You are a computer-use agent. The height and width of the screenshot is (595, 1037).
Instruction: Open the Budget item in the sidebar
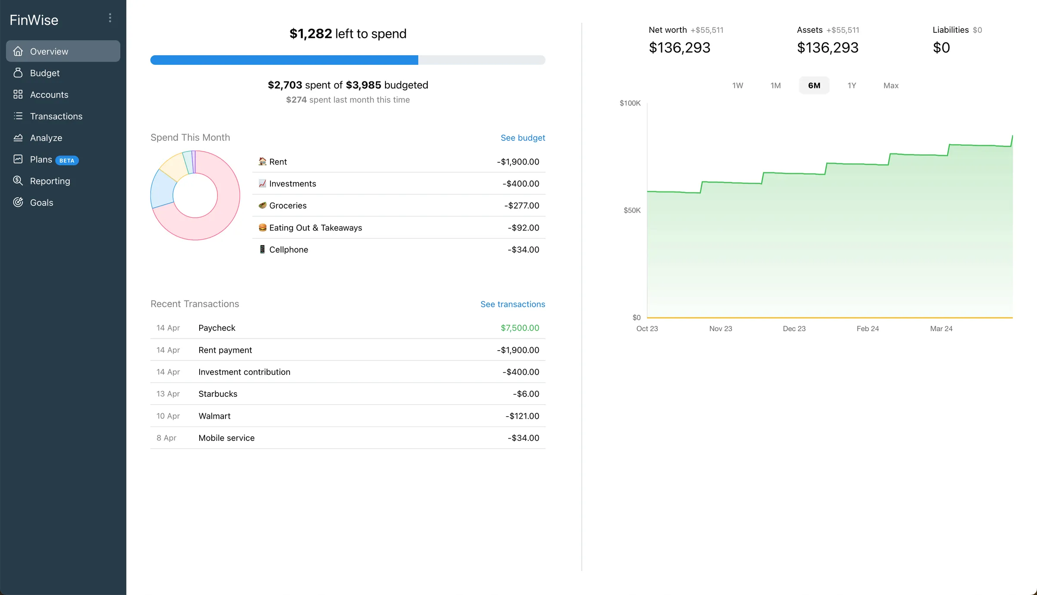click(45, 73)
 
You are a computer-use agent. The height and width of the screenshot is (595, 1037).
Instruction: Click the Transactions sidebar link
click(56, 116)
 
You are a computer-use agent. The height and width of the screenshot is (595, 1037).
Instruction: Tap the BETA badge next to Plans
click(67, 160)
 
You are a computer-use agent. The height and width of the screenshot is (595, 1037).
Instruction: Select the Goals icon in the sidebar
click(18, 203)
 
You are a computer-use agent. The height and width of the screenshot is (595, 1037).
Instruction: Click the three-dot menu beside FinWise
click(110, 18)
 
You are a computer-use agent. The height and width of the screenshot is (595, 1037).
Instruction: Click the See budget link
click(522, 138)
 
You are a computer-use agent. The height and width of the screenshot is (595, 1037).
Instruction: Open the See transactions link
click(512, 304)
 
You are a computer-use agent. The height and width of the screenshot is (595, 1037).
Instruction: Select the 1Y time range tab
click(851, 85)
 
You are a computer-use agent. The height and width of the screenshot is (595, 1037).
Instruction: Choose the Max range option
click(891, 85)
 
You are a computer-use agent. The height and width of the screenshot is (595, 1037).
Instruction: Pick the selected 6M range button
click(814, 85)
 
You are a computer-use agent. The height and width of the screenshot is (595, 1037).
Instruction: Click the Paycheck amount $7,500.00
click(519, 328)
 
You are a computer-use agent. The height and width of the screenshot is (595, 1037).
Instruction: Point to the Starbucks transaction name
click(218, 394)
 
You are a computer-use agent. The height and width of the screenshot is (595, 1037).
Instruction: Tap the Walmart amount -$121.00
click(522, 416)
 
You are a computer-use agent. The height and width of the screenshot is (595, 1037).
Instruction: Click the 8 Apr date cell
click(166, 438)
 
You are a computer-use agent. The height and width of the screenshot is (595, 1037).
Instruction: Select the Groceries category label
click(288, 206)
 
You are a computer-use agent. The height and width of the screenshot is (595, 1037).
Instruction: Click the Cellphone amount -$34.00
click(523, 250)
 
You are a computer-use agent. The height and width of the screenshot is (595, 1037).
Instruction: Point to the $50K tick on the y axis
click(632, 210)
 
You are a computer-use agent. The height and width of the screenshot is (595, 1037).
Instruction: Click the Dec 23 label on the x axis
click(794, 329)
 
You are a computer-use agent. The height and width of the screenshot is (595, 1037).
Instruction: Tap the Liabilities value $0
click(941, 47)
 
